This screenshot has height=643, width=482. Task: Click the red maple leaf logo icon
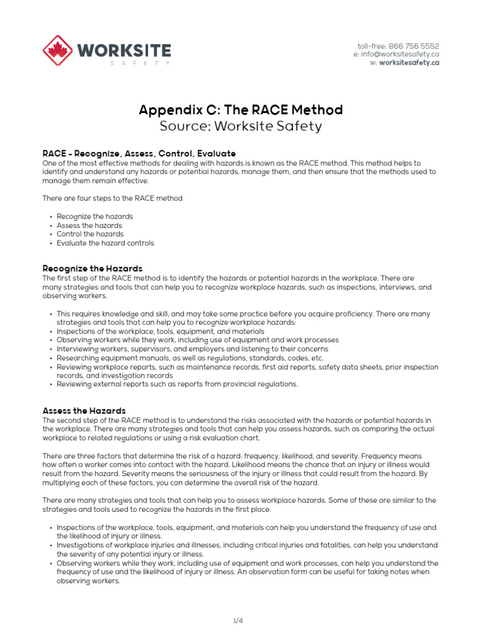coord(58,50)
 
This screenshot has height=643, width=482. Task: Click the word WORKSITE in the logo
coord(124,49)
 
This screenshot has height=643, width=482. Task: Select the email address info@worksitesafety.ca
coord(401,55)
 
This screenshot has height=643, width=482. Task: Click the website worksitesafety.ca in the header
coord(409,63)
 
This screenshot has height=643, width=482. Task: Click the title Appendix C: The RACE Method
coord(240,111)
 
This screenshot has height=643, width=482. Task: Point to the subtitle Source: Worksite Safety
coord(240,126)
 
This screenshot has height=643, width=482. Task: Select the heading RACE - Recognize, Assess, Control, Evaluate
coord(139,153)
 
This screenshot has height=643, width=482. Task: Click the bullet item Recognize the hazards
coord(95,217)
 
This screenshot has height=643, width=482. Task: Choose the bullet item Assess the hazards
coord(89,225)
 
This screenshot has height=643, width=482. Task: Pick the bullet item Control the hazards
coord(90,234)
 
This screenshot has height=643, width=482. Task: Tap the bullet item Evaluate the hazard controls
coord(105,243)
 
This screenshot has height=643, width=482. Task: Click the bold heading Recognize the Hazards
coord(92,268)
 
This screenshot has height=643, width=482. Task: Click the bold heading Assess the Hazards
coord(84,411)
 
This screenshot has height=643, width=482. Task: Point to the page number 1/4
coord(237,621)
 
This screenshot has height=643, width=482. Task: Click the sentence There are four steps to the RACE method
coord(112,198)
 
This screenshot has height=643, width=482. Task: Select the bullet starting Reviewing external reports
coord(177,384)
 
